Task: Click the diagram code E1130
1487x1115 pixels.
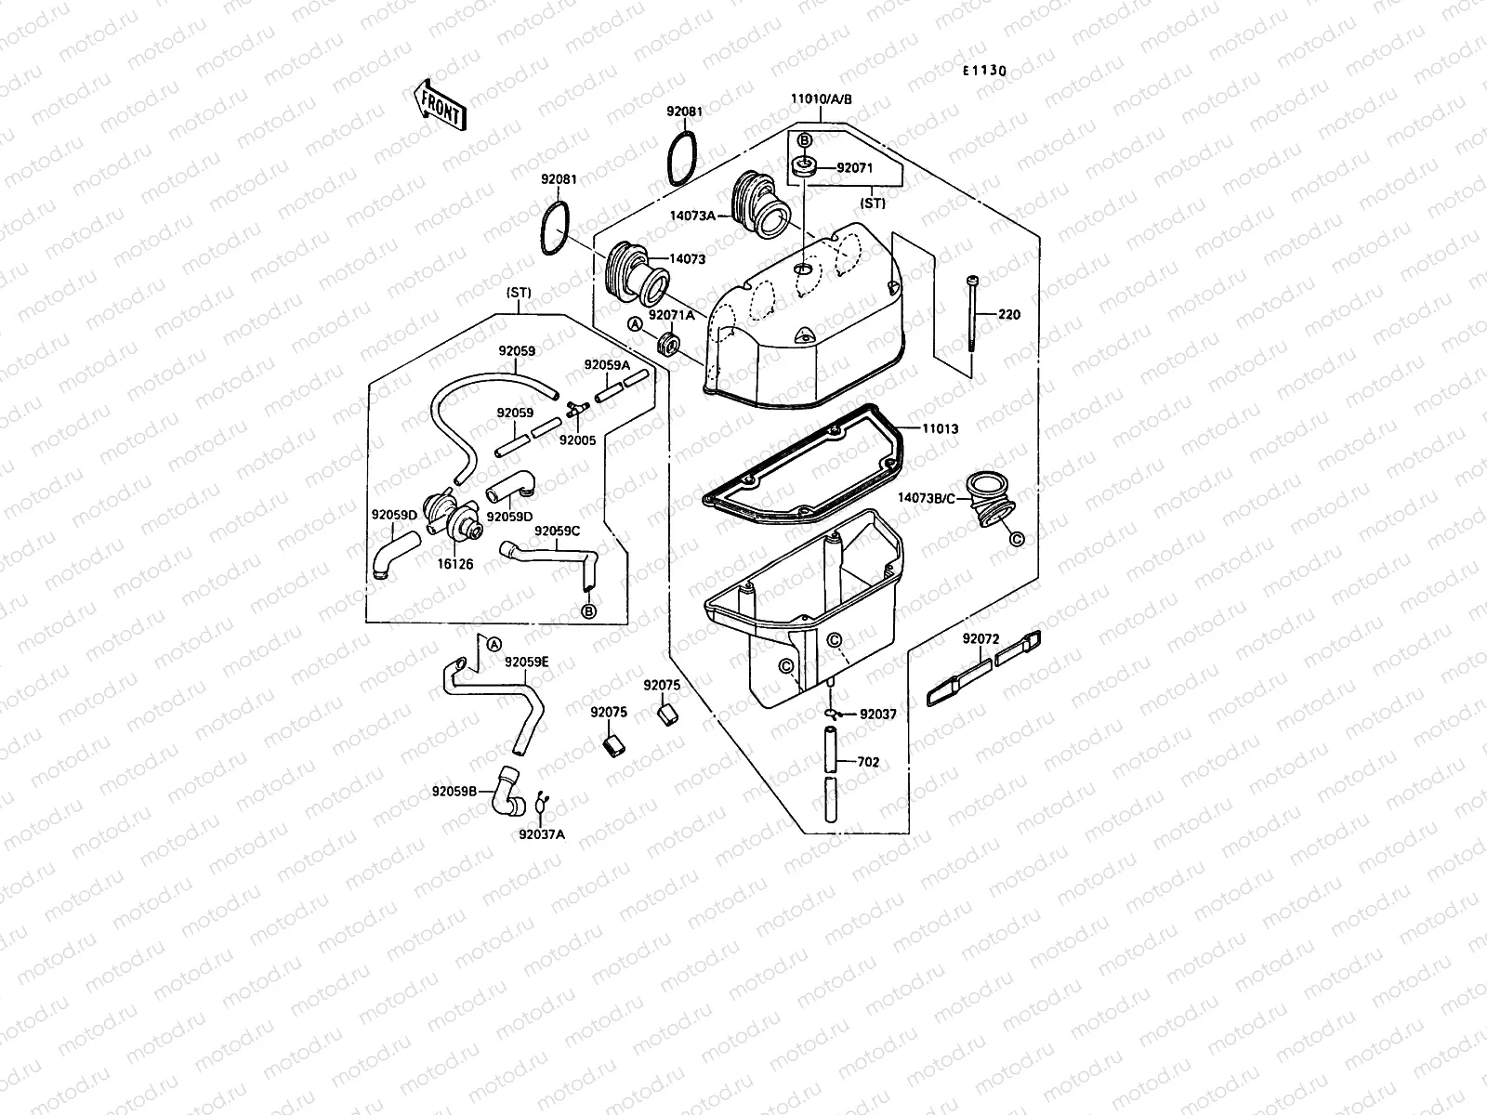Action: (984, 71)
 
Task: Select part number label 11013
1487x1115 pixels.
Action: (940, 429)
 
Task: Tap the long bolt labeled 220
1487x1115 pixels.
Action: (971, 325)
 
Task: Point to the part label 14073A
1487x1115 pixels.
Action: (718, 215)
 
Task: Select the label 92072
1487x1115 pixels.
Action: (980, 639)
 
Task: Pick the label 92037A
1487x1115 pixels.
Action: (542, 833)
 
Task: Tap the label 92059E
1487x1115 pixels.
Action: (527, 662)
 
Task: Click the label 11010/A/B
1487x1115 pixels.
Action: (822, 98)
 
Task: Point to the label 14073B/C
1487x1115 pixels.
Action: (926, 497)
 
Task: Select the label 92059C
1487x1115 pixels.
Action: (557, 531)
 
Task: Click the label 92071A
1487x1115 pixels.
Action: (671, 315)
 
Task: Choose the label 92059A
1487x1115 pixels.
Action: (606, 365)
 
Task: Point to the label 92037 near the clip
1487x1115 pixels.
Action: (877, 715)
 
